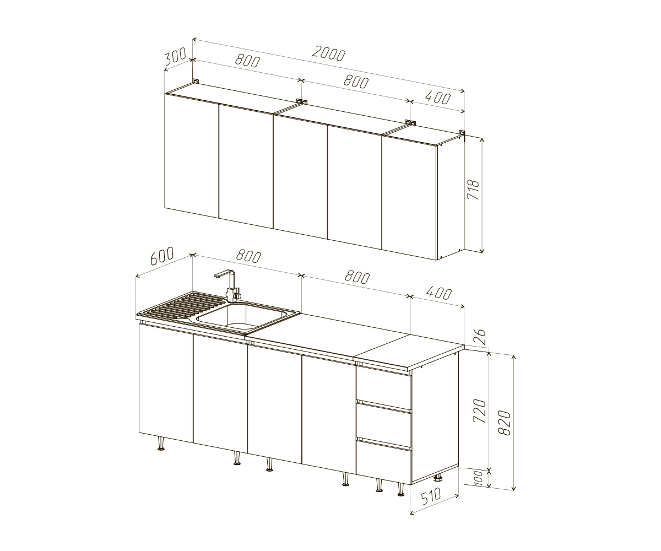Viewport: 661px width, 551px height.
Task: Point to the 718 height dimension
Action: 473,190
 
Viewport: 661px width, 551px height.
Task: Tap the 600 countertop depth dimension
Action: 162,255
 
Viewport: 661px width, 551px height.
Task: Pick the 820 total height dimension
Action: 505,423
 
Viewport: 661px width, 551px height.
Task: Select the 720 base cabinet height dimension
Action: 479,411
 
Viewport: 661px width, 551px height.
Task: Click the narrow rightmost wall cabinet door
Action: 409,198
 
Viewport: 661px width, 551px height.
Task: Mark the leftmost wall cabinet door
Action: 192,156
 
